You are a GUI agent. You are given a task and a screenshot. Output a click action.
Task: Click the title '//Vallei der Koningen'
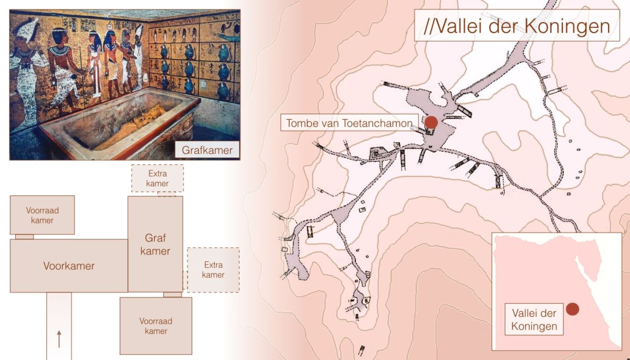click(x=517, y=26)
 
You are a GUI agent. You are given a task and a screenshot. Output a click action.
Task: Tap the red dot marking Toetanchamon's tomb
click(x=431, y=122)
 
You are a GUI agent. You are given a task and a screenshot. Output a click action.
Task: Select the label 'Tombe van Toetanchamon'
click(x=349, y=123)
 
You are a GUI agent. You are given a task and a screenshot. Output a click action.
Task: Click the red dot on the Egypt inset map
click(x=572, y=309)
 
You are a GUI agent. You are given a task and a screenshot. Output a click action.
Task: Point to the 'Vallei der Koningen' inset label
click(x=534, y=319)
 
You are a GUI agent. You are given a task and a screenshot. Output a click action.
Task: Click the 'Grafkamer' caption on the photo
click(x=207, y=150)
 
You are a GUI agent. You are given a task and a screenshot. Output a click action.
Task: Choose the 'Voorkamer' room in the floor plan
click(x=69, y=266)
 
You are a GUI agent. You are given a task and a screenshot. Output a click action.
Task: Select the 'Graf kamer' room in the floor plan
click(x=155, y=244)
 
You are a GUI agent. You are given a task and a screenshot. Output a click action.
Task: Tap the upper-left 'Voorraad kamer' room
click(x=42, y=215)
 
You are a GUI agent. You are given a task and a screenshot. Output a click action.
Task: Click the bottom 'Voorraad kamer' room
click(x=156, y=326)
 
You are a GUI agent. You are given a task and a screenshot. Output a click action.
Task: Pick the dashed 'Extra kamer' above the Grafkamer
click(x=157, y=178)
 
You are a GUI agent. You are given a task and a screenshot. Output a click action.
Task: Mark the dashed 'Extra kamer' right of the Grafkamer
click(x=213, y=270)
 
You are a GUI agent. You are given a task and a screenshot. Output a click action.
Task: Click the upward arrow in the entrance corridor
click(x=59, y=339)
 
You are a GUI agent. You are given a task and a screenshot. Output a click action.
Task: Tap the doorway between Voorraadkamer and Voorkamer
click(x=25, y=237)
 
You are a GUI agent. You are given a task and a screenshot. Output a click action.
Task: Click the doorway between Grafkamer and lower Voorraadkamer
click(x=173, y=294)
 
